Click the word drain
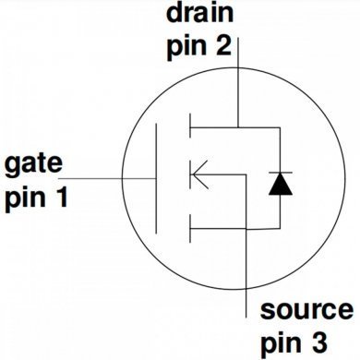[x=198, y=14]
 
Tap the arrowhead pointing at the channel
[x=195, y=172]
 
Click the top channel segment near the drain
[x=188, y=124]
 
